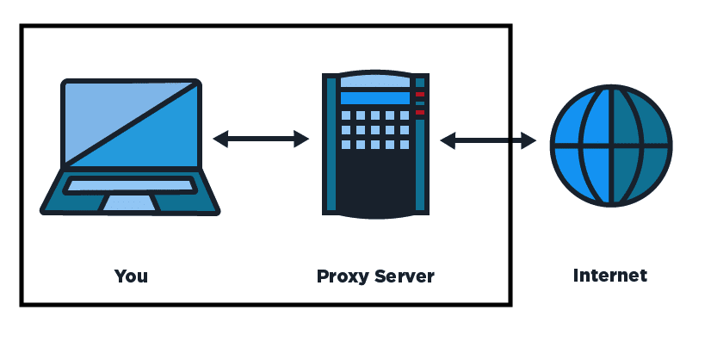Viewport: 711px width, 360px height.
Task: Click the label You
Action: (131, 276)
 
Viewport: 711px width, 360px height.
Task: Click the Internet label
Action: (609, 276)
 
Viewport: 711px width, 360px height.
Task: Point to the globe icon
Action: (609, 146)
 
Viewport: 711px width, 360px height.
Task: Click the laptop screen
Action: (131, 123)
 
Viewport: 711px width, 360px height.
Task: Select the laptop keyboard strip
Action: (130, 184)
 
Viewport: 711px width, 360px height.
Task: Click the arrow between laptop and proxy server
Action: (261, 138)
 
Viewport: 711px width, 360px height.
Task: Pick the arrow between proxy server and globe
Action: (488, 140)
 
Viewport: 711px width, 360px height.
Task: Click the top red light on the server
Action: (420, 94)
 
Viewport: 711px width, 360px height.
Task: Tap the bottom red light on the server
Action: (420, 112)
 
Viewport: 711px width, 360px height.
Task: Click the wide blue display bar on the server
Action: (373, 98)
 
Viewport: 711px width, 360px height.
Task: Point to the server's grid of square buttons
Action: (374, 130)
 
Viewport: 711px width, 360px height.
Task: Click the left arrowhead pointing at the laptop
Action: (220, 138)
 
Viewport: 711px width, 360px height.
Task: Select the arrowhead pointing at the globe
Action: (529, 140)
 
